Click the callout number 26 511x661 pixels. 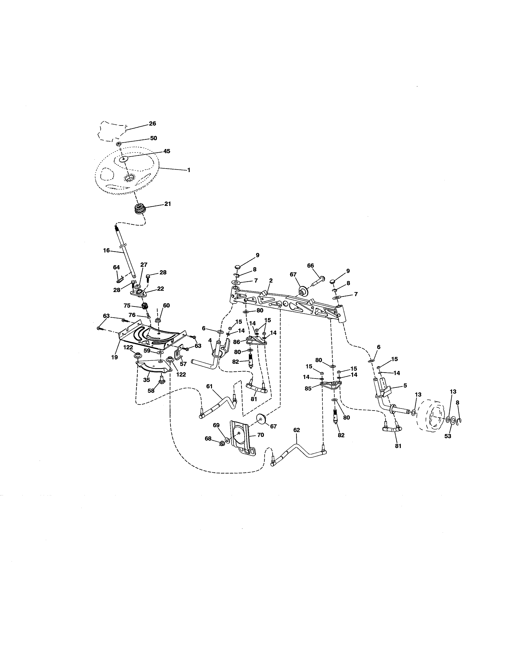coord(152,123)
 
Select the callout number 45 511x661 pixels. coord(167,151)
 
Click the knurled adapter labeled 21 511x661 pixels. coord(139,209)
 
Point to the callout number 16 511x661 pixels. coord(106,250)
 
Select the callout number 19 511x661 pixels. coord(114,357)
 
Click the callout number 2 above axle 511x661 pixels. coord(271,281)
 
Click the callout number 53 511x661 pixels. coord(447,436)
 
